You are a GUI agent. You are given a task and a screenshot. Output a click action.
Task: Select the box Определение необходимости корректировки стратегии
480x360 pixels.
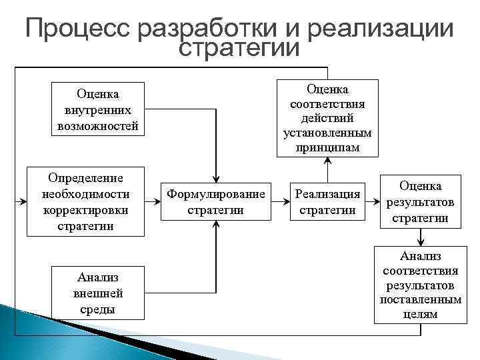tap(85, 201)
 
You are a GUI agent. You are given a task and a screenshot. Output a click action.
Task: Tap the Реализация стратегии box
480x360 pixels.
tap(327, 201)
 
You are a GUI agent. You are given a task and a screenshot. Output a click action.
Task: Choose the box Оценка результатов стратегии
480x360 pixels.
tap(420, 201)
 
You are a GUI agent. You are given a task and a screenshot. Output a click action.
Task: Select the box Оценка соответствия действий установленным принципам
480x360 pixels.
tap(327, 118)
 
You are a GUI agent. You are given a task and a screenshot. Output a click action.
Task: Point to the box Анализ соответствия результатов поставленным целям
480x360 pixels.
tap(420, 285)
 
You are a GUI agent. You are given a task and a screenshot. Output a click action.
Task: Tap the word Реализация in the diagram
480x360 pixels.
tap(327, 194)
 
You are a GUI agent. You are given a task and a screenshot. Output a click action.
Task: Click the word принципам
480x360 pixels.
tap(327, 147)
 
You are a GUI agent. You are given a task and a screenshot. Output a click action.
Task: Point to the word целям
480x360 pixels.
tap(420, 314)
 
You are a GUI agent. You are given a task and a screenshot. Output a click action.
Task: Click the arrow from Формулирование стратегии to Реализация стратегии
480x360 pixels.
tap(280, 201)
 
